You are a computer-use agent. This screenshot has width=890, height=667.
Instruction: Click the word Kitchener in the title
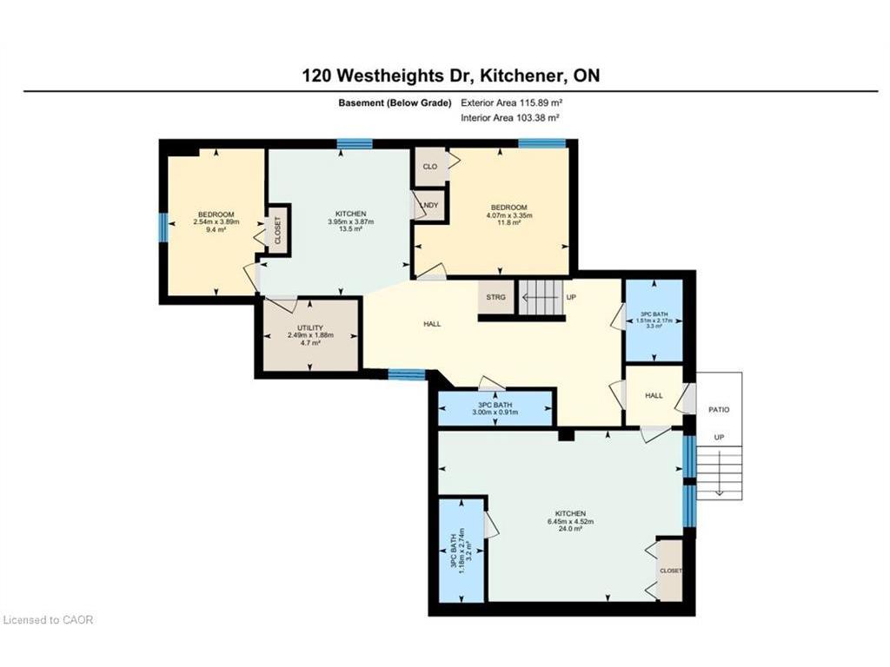pos(521,76)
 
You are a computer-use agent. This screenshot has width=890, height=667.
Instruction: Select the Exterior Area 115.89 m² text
pos(511,102)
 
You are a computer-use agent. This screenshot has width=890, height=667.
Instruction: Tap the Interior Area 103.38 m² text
pos(510,118)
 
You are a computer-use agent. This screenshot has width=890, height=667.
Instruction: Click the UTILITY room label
pos(310,327)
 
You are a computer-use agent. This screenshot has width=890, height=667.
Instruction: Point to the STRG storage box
pos(496,297)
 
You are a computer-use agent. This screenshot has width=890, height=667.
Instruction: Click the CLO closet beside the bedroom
pos(430,166)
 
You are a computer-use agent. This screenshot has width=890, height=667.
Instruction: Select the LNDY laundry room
pos(429,205)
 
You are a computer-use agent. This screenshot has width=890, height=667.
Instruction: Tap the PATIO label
pos(719,410)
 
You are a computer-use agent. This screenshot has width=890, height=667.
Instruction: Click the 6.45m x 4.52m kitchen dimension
pos(570,521)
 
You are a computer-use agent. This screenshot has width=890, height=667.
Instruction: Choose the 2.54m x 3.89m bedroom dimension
pos(216,221)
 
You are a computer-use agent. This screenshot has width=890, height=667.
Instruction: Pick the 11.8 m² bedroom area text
pos(508,223)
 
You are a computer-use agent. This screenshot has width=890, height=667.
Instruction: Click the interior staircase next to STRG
pos(542,297)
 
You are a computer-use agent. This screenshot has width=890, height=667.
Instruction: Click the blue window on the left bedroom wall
pos(163,228)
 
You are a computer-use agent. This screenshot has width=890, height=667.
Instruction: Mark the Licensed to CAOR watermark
pos(48,620)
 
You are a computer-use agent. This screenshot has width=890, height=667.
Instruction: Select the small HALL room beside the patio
pos(654,395)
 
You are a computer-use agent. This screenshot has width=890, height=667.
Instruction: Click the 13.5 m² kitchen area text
pos(350,228)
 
